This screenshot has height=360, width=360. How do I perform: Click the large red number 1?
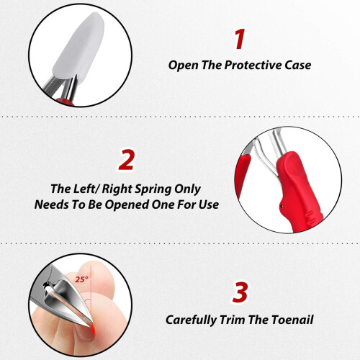point(240,39)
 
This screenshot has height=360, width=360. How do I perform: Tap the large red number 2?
point(126,160)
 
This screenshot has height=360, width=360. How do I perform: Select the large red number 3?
point(240,292)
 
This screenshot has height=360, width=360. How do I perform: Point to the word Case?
point(298,66)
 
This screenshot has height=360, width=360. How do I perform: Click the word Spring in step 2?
point(152,189)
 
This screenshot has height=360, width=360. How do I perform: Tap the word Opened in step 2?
point(127,205)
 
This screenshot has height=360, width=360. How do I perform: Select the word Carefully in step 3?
point(191,320)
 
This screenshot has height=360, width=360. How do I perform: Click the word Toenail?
point(292,320)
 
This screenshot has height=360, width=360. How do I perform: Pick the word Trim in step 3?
point(232,320)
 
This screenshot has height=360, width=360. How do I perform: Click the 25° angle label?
point(81,279)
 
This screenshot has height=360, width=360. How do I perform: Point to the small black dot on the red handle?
point(282,205)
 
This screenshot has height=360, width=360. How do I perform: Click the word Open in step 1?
point(183,66)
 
